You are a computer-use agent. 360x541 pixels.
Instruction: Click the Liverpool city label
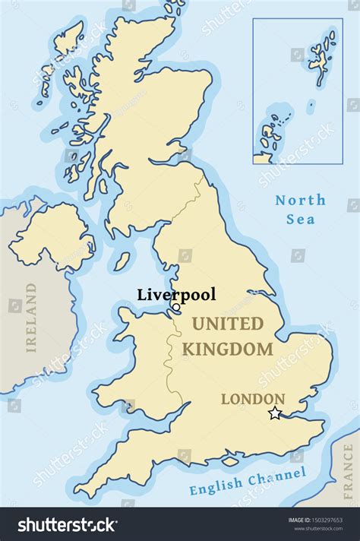click(x=176, y=295)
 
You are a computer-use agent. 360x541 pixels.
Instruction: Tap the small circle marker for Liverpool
click(x=176, y=308)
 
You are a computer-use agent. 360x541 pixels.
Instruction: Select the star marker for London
click(x=275, y=413)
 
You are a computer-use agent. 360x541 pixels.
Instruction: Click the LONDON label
click(x=253, y=399)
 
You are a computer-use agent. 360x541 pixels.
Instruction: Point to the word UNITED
click(x=227, y=324)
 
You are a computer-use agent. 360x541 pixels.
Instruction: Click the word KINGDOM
click(x=227, y=350)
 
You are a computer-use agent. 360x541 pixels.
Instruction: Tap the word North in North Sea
click(x=301, y=201)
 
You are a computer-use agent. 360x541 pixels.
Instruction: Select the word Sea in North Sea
click(x=301, y=220)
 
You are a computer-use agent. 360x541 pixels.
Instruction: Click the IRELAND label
click(x=31, y=318)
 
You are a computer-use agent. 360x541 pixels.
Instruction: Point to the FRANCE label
click(x=348, y=468)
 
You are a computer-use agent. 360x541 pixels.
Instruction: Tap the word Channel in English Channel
click(x=277, y=476)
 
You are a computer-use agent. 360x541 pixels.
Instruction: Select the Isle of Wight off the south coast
click(x=229, y=460)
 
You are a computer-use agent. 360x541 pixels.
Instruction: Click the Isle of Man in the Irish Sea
click(x=122, y=261)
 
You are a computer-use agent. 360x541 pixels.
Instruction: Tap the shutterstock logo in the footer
click(x=66, y=524)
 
